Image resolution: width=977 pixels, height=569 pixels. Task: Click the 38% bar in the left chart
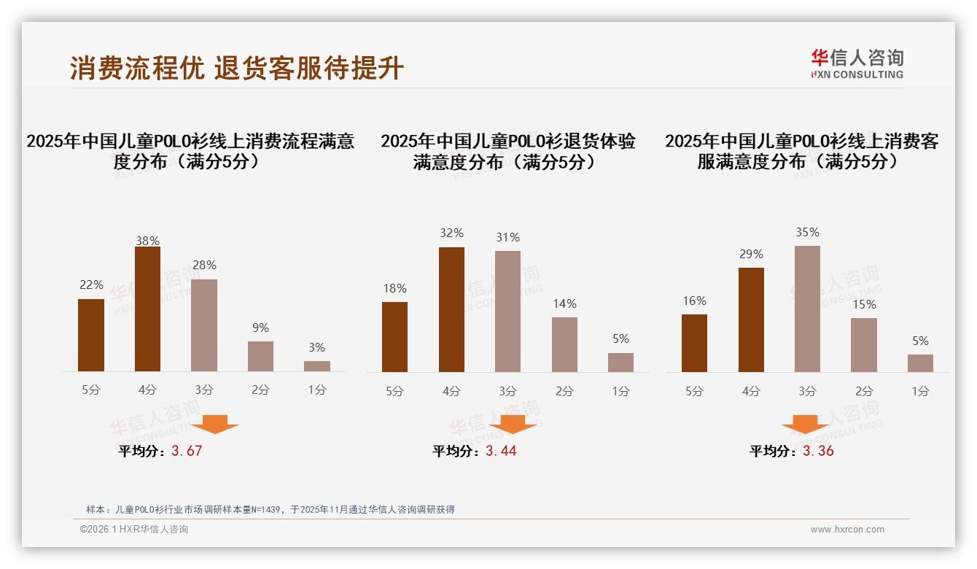pyautogui.click(x=147, y=309)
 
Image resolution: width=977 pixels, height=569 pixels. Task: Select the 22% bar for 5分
pyautogui.click(x=91, y=336)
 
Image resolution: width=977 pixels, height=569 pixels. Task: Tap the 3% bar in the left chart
pyautogui.click(x=317, y=366)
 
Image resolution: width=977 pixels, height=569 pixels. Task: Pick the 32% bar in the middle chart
pyautogui.click(x=451, y=310)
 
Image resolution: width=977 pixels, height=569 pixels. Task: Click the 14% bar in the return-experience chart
pyautogui.click(x=564, y=345)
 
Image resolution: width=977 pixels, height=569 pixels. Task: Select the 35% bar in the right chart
pyautogui.click(x=807, y=309)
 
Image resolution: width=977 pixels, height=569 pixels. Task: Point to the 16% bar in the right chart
pyautogui.click(x=694, y=344)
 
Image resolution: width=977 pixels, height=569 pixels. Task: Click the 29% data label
pyautogui.click(x=751, y=255)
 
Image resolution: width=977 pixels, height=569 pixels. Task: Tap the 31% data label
pyautogui.click(x=507, y=238)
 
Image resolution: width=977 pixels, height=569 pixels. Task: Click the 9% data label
pyautogui.click(x=260, y=328)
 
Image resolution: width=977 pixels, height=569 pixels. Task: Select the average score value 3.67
pyautogui.click(x=187, y=451)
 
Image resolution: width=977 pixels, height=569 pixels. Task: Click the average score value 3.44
pyautogui.click(x=501, y=451)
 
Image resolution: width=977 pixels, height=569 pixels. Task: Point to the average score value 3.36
pyautogui.click(x=818, y=451)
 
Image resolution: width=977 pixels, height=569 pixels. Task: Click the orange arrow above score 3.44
pyautogui.click(x=513, y=425)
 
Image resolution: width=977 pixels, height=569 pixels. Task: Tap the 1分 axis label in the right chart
pyautogui.click(x=920, y=392)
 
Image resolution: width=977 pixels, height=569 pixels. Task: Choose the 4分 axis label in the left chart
pyautogui.click(x=147, y=390)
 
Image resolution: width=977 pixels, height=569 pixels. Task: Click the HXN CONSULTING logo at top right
pyautogui.click(x=857, y=63)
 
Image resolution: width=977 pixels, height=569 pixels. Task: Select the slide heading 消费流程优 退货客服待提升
pyautogui.click(x=237, y=68)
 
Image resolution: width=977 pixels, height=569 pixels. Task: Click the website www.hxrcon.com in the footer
pyautogui.click(x=847, y=530)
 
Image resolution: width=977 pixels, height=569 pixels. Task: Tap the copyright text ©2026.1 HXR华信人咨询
pyautogui.click(x=134, y=530)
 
